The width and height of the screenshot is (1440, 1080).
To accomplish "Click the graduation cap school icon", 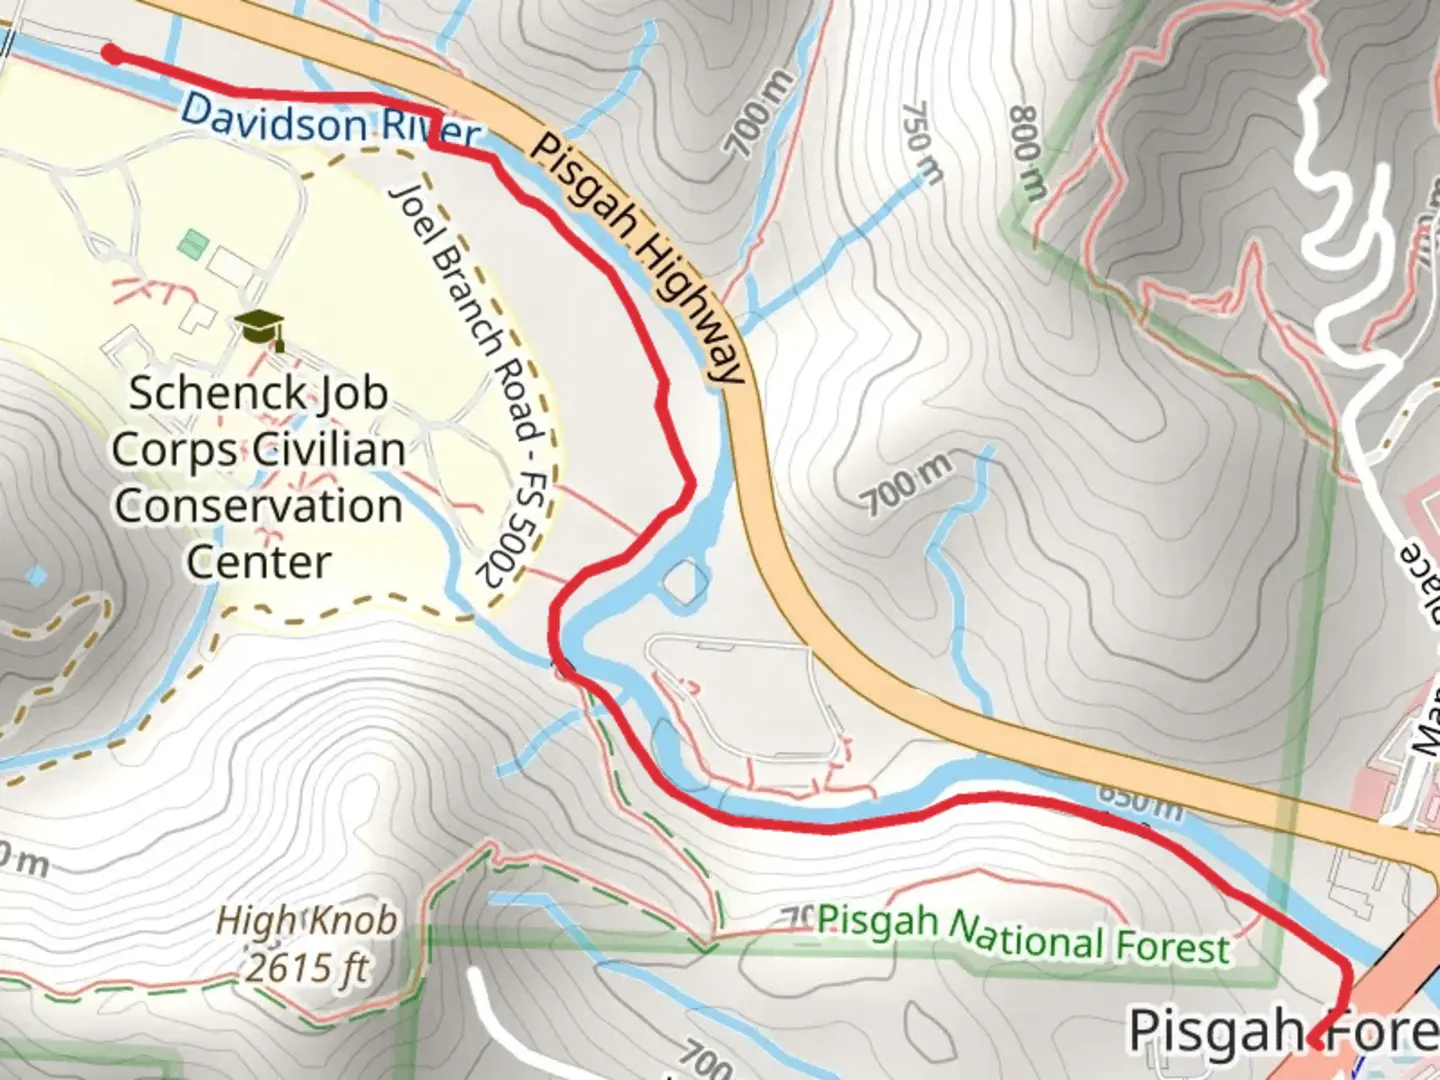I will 260,327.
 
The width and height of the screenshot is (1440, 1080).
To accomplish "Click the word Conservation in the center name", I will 258,505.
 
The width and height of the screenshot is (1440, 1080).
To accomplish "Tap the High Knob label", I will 307,920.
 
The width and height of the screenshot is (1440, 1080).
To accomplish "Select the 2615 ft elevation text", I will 307,967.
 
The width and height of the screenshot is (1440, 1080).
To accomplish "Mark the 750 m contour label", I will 921,142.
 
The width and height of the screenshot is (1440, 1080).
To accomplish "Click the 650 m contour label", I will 1140,801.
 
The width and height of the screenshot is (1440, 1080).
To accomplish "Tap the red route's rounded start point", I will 113,54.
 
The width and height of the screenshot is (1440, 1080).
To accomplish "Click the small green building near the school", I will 193,243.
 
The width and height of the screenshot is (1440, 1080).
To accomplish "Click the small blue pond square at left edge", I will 37,576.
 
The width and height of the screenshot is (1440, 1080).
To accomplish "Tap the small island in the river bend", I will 685,582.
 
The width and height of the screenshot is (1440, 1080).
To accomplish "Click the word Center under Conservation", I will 258,561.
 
